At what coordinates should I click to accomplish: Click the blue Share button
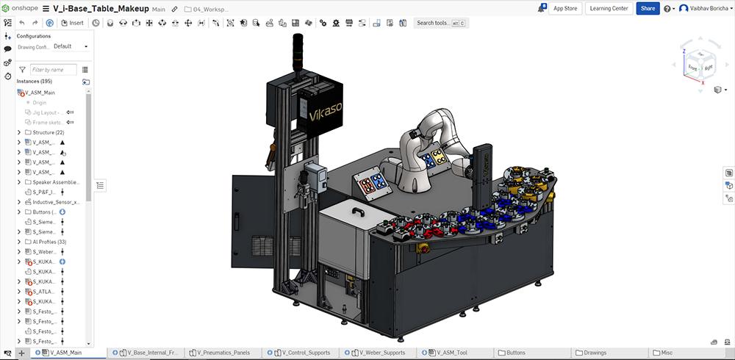(648, 9)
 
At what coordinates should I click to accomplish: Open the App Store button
(565, 9)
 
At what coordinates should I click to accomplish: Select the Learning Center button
(609, 9)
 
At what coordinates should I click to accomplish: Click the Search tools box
(441, 23)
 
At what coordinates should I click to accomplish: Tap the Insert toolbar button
(72, 23)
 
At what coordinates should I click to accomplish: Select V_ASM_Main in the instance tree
(40, 93)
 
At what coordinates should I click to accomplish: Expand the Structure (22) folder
(18, 132)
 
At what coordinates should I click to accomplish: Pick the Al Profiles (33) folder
(51, 241)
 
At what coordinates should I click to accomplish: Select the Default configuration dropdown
(71, 46)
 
